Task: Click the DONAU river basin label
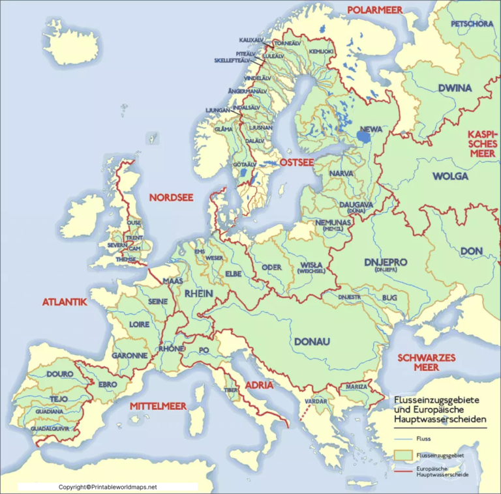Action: pos(312,341)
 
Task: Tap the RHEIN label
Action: pos(198,294)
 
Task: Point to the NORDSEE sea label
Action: pos(171,197)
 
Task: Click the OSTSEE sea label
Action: pos(297,162)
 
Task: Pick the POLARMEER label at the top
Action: pos(374,10)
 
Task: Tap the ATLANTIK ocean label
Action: pos(65,302)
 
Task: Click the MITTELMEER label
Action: pos(158,406)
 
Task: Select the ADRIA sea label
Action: pos(259,385)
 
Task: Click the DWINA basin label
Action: pos(455,88)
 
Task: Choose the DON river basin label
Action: pos(472,251)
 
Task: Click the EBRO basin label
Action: pos(108,385)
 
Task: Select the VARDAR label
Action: pos(316,401)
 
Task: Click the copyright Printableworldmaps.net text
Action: pos(108,487)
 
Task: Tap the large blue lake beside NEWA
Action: pos(364,137)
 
